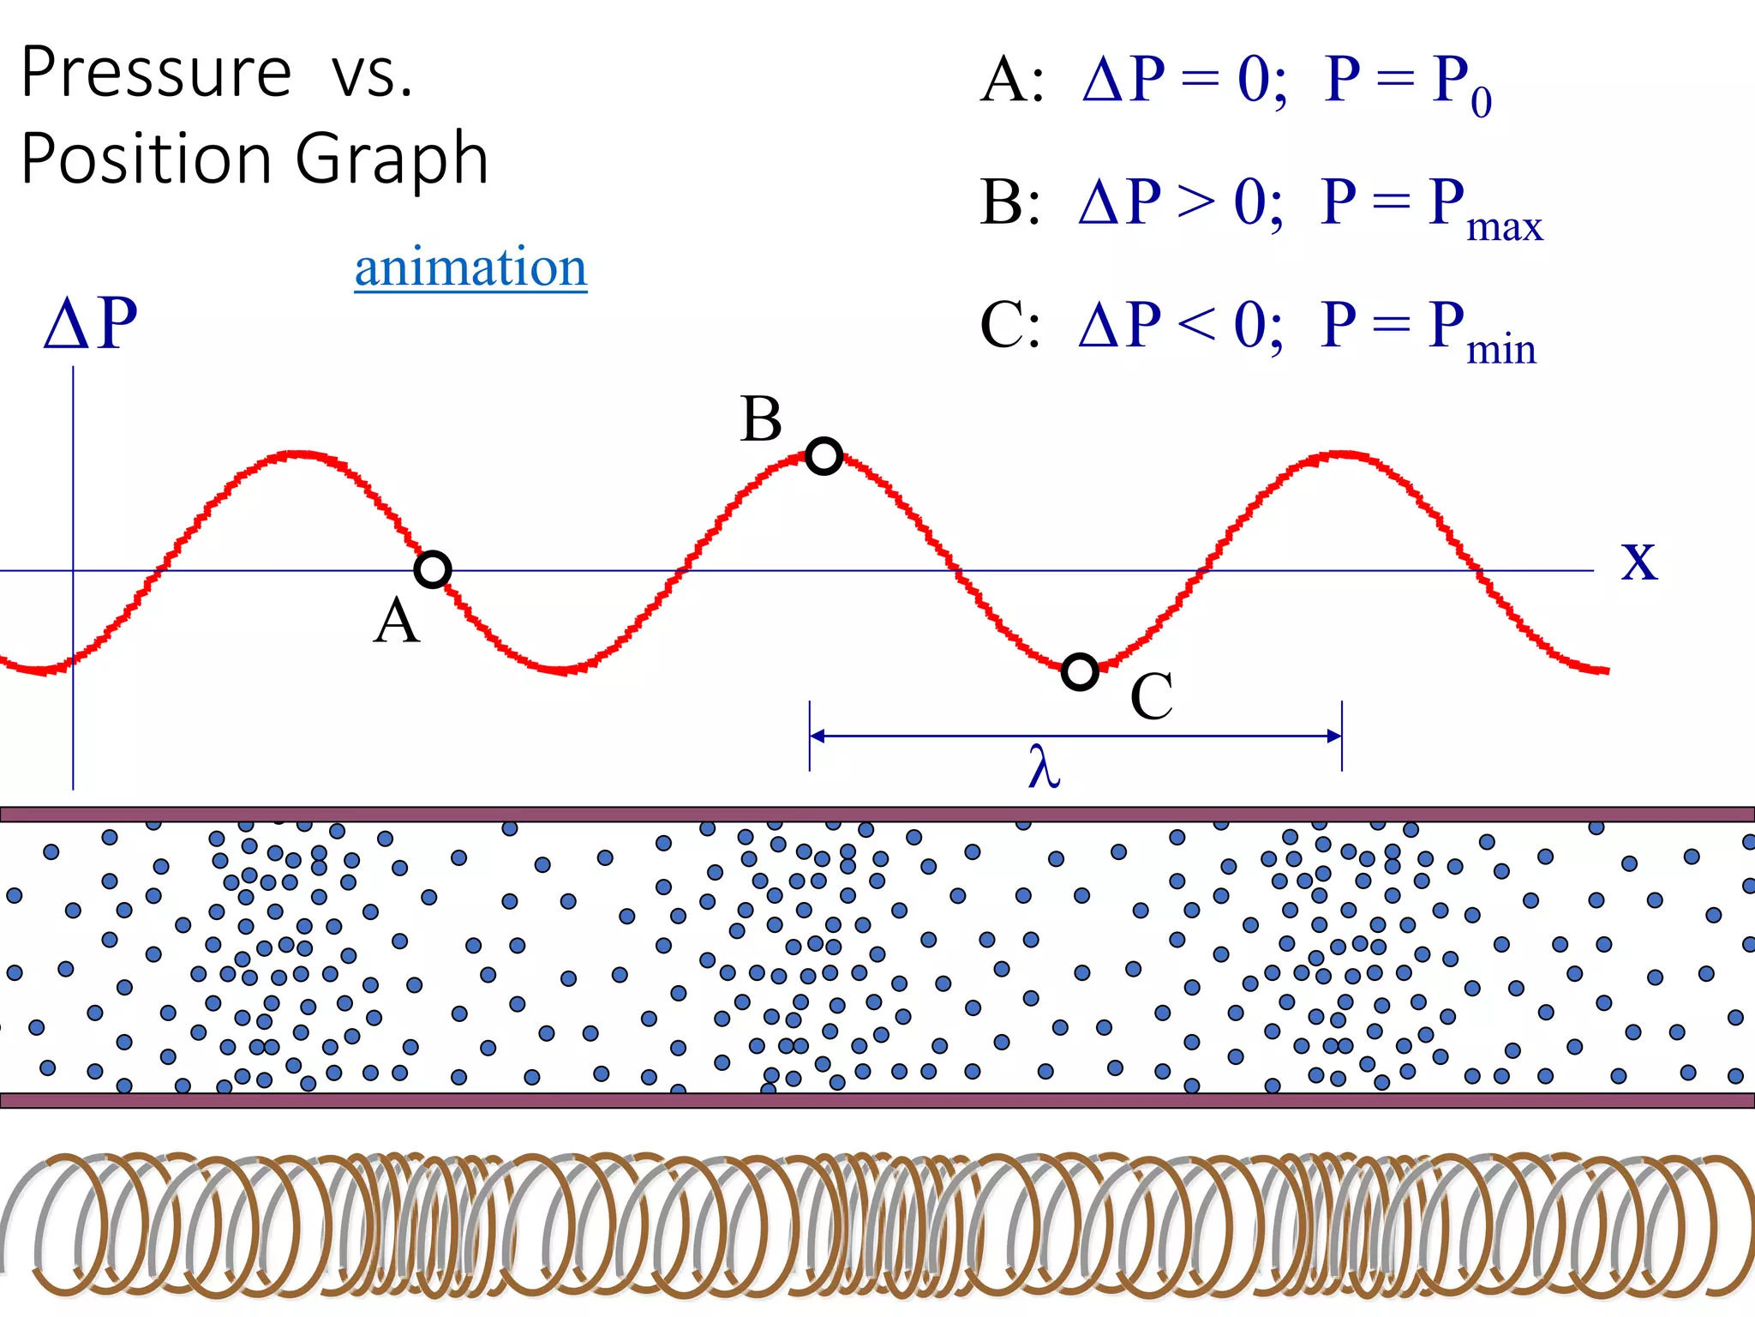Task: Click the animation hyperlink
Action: coord(470,268)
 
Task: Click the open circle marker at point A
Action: coord(433,569)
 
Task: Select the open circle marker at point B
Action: coord(824,456)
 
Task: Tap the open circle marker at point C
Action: coord(1080,671)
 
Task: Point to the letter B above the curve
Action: coord(761,420)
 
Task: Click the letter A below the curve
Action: coord(397,621)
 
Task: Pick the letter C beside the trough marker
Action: coord(1151,696)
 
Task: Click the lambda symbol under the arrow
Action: coord(1044,766)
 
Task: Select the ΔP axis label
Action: coord(91,323)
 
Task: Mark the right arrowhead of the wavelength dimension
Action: coord(1333,736)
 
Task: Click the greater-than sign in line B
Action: coord(1196,203)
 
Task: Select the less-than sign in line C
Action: coord(1196,326)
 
